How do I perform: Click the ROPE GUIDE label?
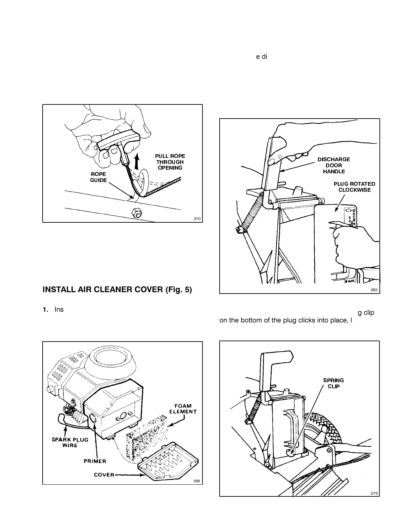(x=98, y=177)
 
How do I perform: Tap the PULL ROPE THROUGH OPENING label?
(x=170, y=162)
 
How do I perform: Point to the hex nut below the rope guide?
(x=136, y=213)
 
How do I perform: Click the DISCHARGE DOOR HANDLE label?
(x=334, y=165)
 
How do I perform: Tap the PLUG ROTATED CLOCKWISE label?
(x=354, y=187)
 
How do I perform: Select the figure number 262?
(x=374, y=290)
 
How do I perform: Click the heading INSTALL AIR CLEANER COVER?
(x=117, y=290)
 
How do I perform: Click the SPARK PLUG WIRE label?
(x=70, y=442)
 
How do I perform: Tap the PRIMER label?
(x=95, y=461)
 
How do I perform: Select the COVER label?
(x=104, y=475)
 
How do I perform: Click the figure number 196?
(x=197, y=481)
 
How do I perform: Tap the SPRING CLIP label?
(x=333, y=383)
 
